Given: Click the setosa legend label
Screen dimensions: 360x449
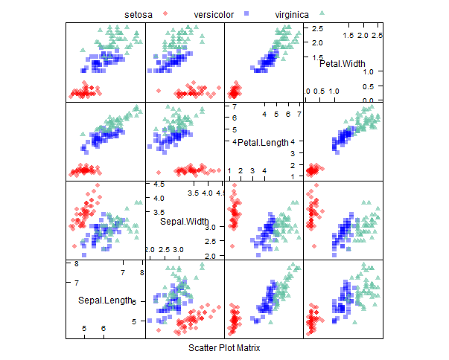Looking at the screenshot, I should click(149, 14).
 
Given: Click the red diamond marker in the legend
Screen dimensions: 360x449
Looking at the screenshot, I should click(175, 14).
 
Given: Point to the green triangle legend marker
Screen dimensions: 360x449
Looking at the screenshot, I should click(322, 14).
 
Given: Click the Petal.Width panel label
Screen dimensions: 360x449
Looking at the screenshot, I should click(343, 64).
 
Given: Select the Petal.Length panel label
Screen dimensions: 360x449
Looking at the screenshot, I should click(262, 142).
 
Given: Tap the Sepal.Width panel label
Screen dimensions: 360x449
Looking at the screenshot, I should click(185, 221).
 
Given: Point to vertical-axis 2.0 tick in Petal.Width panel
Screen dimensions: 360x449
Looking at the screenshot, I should click(316, 42).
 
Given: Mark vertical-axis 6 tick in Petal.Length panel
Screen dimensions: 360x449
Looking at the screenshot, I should click(233, 118).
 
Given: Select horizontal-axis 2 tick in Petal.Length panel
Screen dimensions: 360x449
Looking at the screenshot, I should click(241, 170).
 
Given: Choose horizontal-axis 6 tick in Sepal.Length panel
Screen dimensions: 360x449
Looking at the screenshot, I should click(104, 328).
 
